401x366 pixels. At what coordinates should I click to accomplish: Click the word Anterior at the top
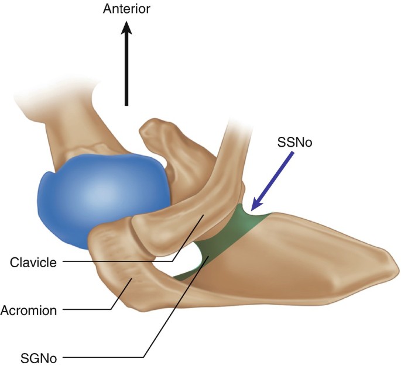coord(126,9)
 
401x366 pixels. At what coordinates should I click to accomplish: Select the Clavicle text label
coord(33,263)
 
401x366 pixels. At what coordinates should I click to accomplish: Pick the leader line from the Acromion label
coord(88,310)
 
